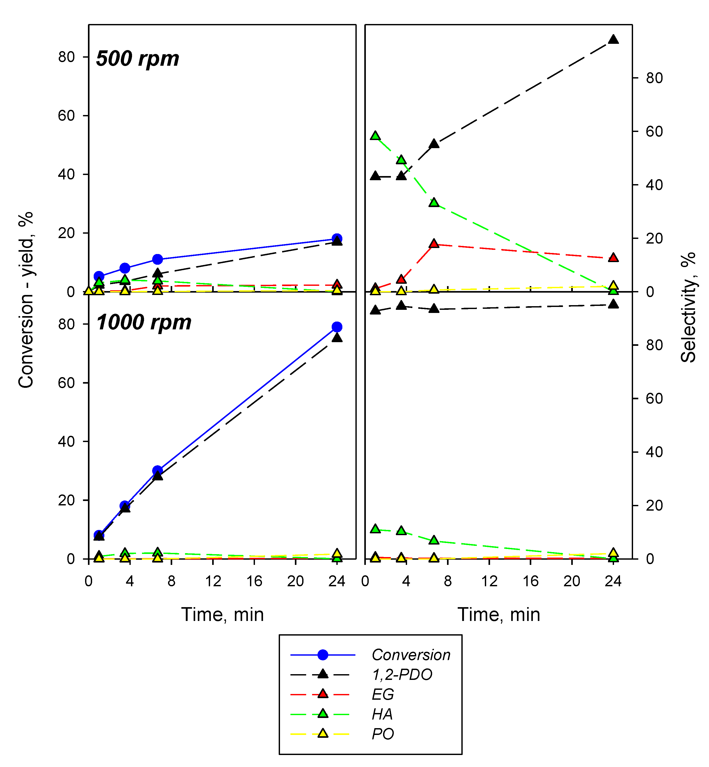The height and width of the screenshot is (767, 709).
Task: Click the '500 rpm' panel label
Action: tap(137, 59)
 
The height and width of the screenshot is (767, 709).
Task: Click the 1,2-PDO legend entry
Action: tap(402, 675)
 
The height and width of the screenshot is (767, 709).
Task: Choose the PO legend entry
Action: tap(383, 734)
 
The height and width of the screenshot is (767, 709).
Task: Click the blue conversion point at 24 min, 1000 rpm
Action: tap(337, 327)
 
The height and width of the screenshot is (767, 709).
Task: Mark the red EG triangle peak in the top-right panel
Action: tap(434, 244)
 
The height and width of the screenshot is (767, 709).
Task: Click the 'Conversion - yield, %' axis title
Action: tap(26, 300)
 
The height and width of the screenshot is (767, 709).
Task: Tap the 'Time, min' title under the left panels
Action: tap(223, 615)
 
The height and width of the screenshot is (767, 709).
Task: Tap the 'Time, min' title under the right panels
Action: tap(499, 615)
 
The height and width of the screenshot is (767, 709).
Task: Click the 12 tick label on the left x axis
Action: tap(213, 581)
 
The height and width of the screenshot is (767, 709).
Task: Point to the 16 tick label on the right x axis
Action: tap(531, 581)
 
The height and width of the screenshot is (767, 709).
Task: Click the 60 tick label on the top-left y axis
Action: tap(66, 116)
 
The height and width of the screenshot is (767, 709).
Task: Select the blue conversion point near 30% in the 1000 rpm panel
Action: tap(157, 470)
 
